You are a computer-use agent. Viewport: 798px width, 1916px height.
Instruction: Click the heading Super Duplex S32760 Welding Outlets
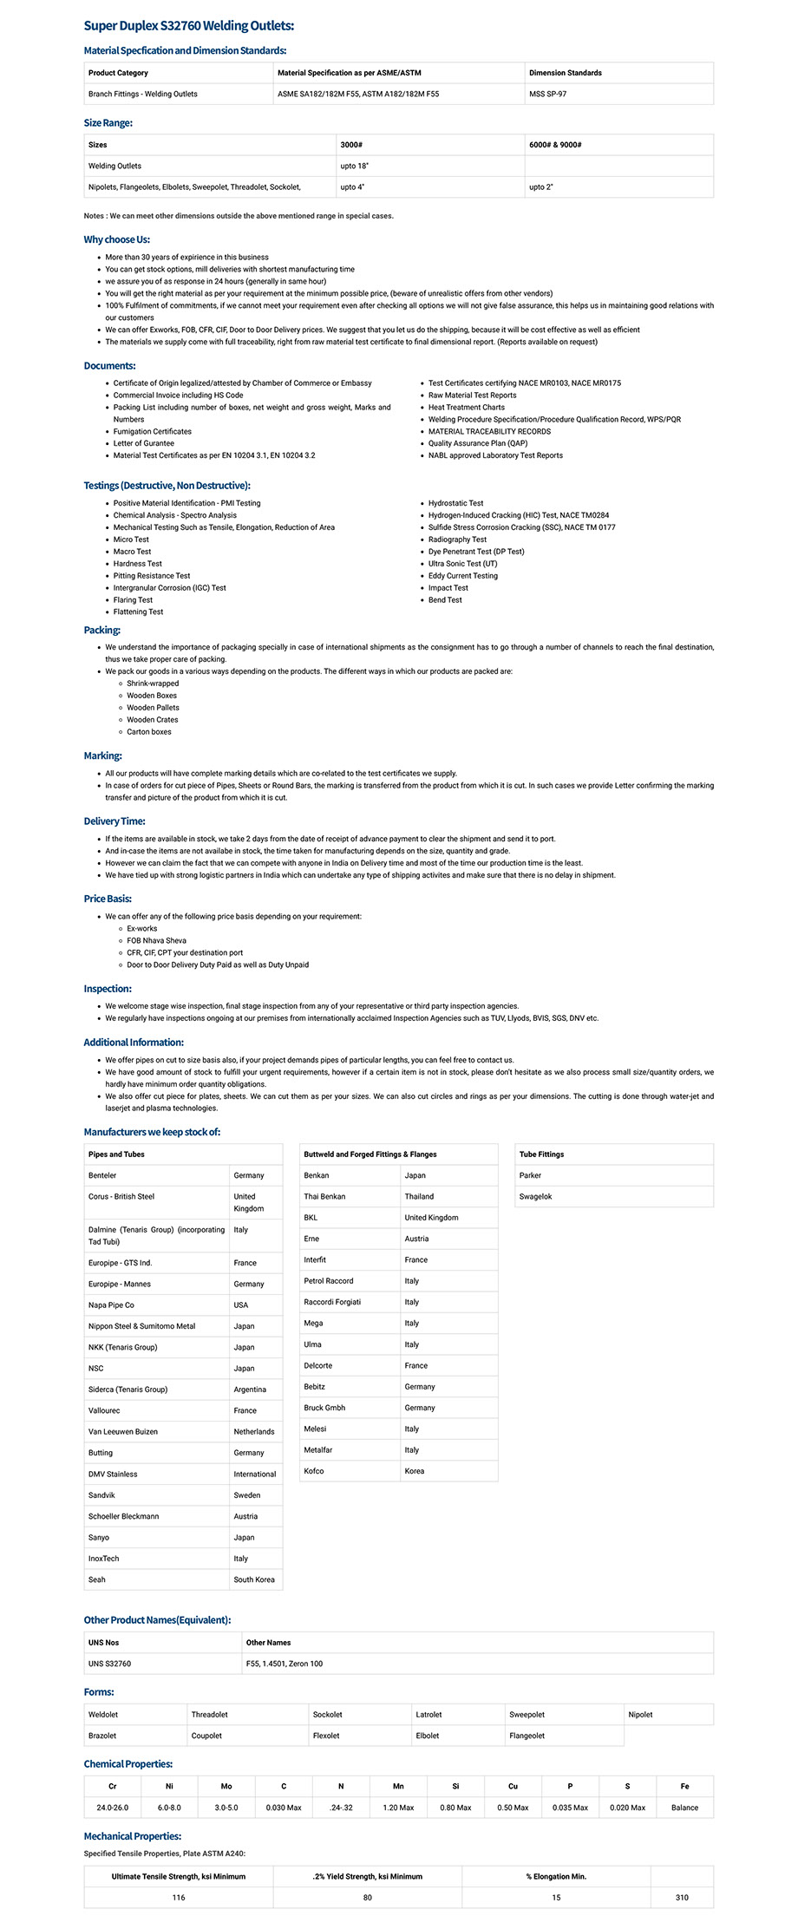click(x=188, y=26)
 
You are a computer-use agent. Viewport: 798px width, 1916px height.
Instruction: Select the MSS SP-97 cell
click(x=547, y=94)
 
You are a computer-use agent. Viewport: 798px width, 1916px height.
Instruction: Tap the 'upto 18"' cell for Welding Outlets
click(x=354, y=166)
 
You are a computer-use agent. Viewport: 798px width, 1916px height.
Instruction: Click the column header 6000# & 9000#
click(x=555, y=145)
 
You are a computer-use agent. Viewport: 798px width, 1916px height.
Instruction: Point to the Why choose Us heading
click(x=117, y=239)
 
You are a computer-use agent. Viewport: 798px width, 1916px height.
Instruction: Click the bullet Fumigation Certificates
click(x=152, y=431)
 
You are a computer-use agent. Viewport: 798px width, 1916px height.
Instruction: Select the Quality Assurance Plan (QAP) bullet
click(x=477, y=443)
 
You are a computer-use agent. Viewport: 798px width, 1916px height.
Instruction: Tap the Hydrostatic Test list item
click(x=455, y=503)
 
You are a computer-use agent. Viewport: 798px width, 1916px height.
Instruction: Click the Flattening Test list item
click(x=138, y=611)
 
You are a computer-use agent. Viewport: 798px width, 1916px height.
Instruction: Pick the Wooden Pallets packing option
click(x=153, y=708)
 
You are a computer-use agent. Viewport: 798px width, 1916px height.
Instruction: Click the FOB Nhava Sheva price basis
click(x=156, y=940)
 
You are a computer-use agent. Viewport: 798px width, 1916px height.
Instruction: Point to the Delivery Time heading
click(x=114, y=821)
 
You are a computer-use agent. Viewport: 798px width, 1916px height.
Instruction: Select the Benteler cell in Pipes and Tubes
click(x=102, y=1175)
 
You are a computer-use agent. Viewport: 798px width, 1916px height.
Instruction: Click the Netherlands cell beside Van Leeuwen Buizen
click(x=253, y=1432)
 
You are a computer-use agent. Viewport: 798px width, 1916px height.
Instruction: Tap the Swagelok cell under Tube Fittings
click(x=535, y=1196)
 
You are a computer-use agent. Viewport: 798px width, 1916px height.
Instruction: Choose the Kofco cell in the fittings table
click(x=314, y=1471)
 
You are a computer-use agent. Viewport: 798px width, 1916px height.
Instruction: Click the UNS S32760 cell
click(x=109, y=1664)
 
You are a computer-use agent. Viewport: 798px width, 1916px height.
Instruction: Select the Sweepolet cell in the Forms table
click(x=527, y=1715)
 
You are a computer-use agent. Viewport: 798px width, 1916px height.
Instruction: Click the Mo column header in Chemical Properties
click(x=226, y=1787)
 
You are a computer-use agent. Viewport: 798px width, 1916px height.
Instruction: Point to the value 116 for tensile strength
click(x=179, y=1898)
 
